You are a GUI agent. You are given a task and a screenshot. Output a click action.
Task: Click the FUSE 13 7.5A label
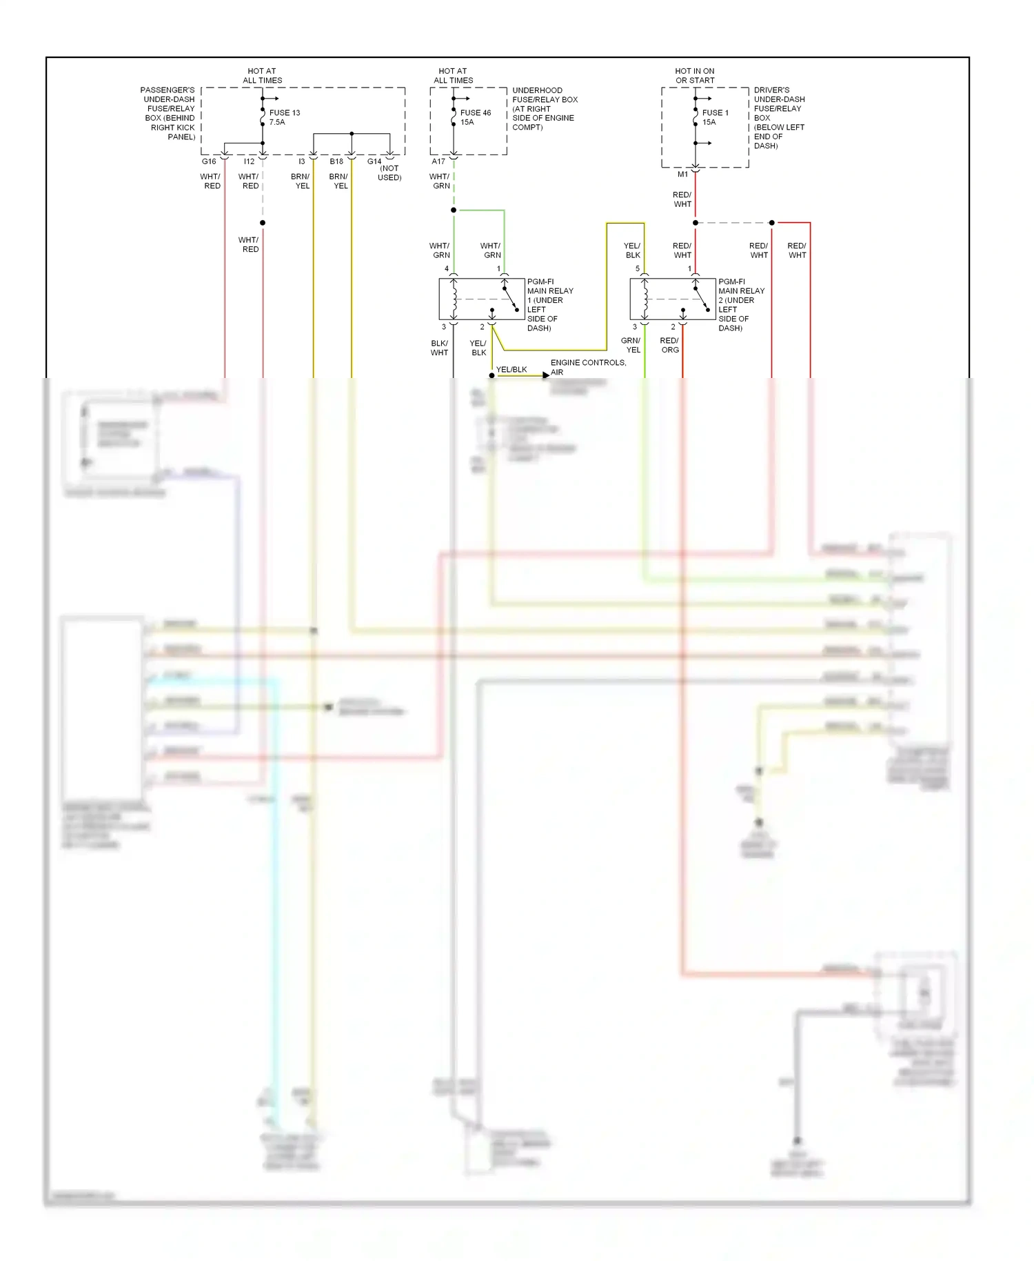coord(284,117)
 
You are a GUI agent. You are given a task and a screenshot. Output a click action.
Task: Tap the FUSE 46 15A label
coord(475,117)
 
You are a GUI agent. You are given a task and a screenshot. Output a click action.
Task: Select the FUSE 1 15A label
coord(715,117)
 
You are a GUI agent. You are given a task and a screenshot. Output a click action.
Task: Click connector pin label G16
coord(209,161)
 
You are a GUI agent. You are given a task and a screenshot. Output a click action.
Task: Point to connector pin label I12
coord(249,161)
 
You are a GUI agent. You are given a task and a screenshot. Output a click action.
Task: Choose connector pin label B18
coord(336,161)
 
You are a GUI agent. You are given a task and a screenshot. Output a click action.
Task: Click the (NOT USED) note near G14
coord(389,173)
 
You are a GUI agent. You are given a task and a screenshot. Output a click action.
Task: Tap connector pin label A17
coord(438,161)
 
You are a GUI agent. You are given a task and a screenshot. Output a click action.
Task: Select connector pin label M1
coord(682,175)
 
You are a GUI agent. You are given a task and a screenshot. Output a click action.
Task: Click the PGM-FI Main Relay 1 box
coord(481,299)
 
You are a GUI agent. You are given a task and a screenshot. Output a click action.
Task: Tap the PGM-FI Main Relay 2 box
coord(673,299)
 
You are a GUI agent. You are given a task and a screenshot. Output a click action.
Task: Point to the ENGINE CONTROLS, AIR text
coord(587,367)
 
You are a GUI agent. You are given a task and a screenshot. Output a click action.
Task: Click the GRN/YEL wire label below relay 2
coord(631,345)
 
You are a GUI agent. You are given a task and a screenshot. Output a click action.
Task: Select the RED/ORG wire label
coord(669,345)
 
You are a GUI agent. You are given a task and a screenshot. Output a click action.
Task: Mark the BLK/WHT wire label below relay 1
coord(439,348)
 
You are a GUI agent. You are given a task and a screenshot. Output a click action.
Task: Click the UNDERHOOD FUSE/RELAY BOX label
coord(545,108)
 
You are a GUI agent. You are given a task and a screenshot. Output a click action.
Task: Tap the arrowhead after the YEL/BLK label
coord(546,375)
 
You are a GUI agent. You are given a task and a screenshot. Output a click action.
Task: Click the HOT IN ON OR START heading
coord(694,76)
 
